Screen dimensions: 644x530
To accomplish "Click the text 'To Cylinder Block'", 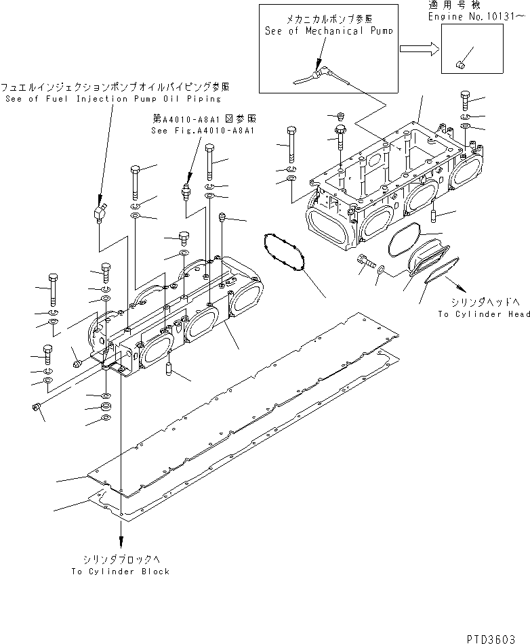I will pyautogui.click(x=121, y=572).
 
